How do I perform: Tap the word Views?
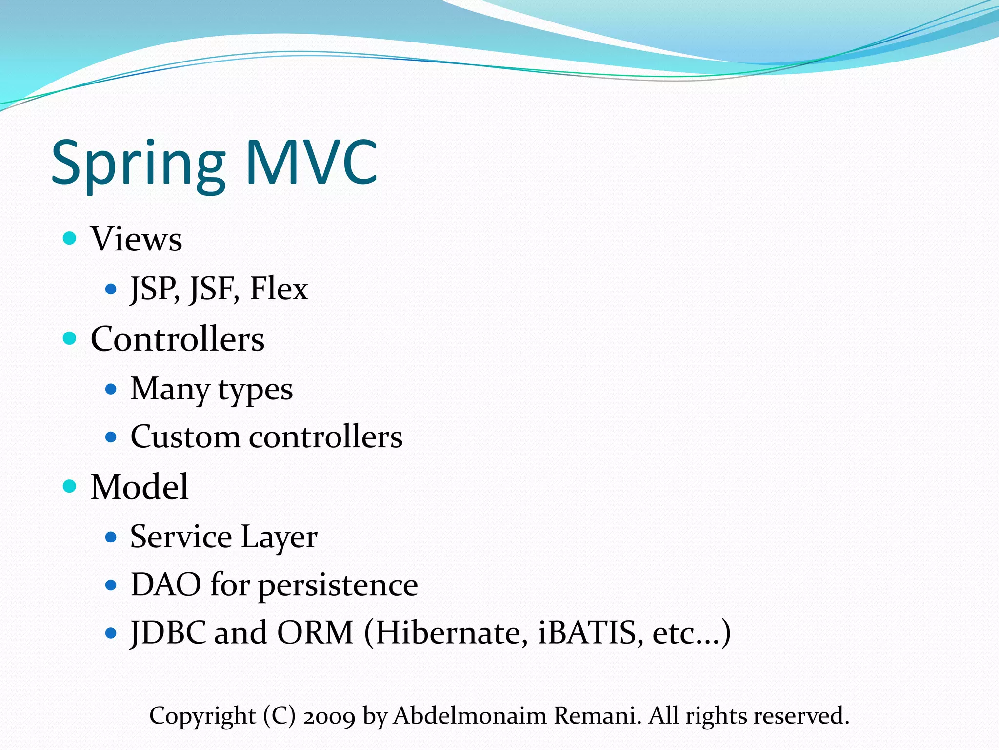pyautogui.click(x=136, y=239)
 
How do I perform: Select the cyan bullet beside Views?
pyautogui.click(x=70, y=238)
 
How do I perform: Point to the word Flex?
pyautogui.click(x=279, y=289)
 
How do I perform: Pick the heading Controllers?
pyautogui.click(x=178, y=339)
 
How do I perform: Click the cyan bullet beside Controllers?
pyautogui.click(x=70, y=338)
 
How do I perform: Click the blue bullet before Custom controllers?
pyautogui.click(x=111, y=437)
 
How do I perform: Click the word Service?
pyautogui.click(x=181, y=537)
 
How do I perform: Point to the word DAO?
pyautogui.click(x=166, y=584)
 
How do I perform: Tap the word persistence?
pyautogui.click(x=338, y=585)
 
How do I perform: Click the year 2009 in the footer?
pyautogui.click(x=329, y=716)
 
